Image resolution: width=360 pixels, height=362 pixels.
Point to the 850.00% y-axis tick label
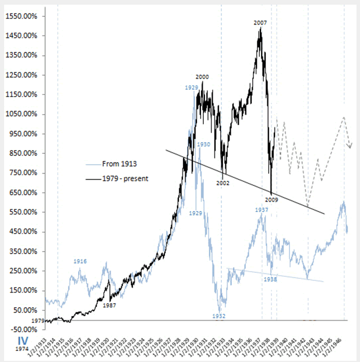tap(23, 153)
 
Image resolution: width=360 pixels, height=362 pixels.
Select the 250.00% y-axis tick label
tap(23, 270)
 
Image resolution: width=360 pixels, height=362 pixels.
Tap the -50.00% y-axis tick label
tap(23, 329)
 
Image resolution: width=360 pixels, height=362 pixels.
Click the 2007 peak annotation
tap(260, 23)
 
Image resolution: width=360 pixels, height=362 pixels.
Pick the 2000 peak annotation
tap(202, 76)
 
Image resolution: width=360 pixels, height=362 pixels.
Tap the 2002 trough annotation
tap(223, 183)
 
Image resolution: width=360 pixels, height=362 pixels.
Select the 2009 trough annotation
tap(272, 200)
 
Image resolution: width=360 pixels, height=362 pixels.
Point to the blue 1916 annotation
tap(80, 261)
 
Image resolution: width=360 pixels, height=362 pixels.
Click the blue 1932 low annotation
tap(218, 316)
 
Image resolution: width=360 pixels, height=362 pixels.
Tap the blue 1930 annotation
tap(203, 144)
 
